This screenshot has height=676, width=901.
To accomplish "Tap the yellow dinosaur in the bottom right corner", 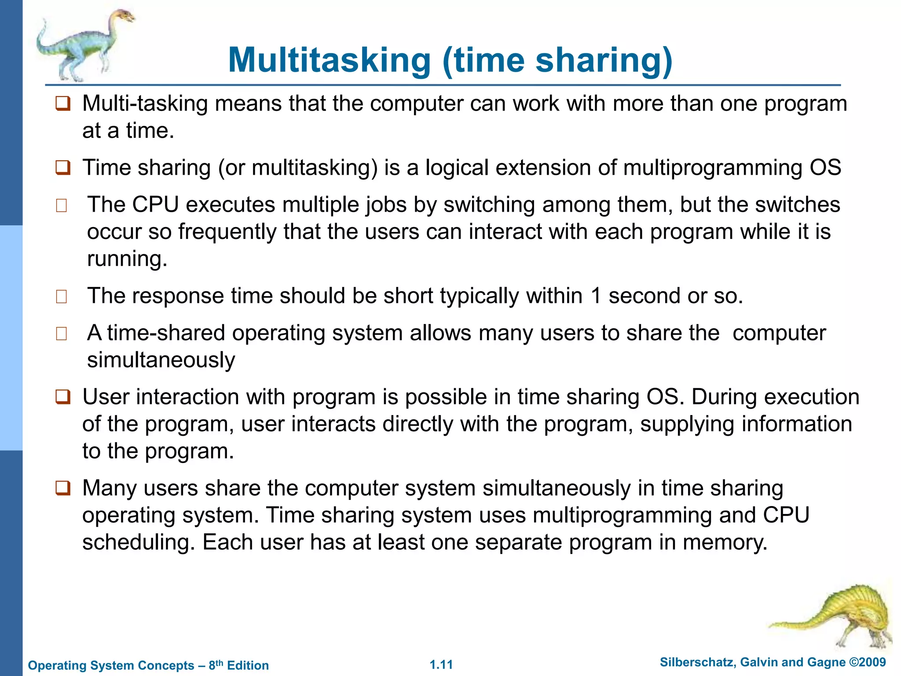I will pos(836,616).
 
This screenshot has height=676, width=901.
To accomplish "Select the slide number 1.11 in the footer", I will pos(441,665).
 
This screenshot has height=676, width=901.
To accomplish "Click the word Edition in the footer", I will pos(248,665).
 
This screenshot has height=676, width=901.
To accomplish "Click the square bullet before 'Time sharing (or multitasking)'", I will pos(62,168).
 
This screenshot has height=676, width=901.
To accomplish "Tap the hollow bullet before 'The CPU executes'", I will pos(62,206).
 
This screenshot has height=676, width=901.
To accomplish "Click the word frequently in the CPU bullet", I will pos(227,232).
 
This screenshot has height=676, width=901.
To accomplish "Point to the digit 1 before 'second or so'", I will pos(596,296).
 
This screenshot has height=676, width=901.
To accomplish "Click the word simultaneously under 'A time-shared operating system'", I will pos(161,360).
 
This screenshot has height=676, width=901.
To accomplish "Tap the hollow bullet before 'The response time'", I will pos(62,297).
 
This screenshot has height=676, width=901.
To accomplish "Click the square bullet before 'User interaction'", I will pos(62,397).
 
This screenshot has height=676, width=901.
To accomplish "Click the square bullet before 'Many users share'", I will pos(62,489).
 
